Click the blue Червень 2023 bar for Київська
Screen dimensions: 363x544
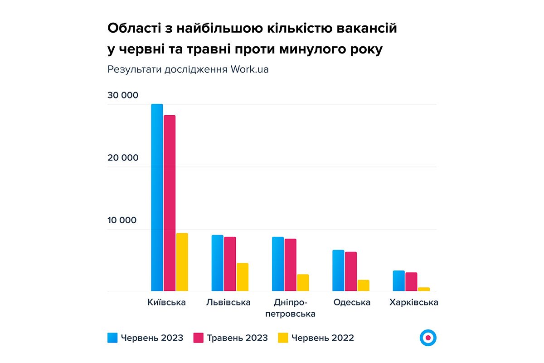[x=157, y=197]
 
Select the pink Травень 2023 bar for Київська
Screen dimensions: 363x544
[x=170, y=203]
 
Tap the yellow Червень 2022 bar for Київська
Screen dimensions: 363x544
[x=182, y=262]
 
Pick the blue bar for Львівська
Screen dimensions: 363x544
[x=218, y=263]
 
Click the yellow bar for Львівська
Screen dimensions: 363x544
[x=243, y=277]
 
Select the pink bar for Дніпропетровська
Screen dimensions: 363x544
[x=291, y=265]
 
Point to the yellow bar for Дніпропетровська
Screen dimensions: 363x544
[x=303, y=282]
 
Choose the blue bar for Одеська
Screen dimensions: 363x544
[x=338, y=270]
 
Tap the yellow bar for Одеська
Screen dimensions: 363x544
[x=363, y=285]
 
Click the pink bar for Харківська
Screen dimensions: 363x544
[x=411, y=282]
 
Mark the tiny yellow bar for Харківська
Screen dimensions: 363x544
[x=424, y=289]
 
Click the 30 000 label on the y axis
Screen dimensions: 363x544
[x=122, y=96]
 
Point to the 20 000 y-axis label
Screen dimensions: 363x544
[x=122, y=158]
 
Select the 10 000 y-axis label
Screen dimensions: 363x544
[x=122, y=221]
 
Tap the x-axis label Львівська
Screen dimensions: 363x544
[x=228, y=303]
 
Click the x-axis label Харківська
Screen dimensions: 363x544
[x=413, y=303]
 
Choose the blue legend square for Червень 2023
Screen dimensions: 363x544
[x=112, y=338]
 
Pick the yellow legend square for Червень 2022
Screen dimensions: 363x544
[x=283, y=338]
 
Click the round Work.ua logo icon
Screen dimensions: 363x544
[x=428, y=338]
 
